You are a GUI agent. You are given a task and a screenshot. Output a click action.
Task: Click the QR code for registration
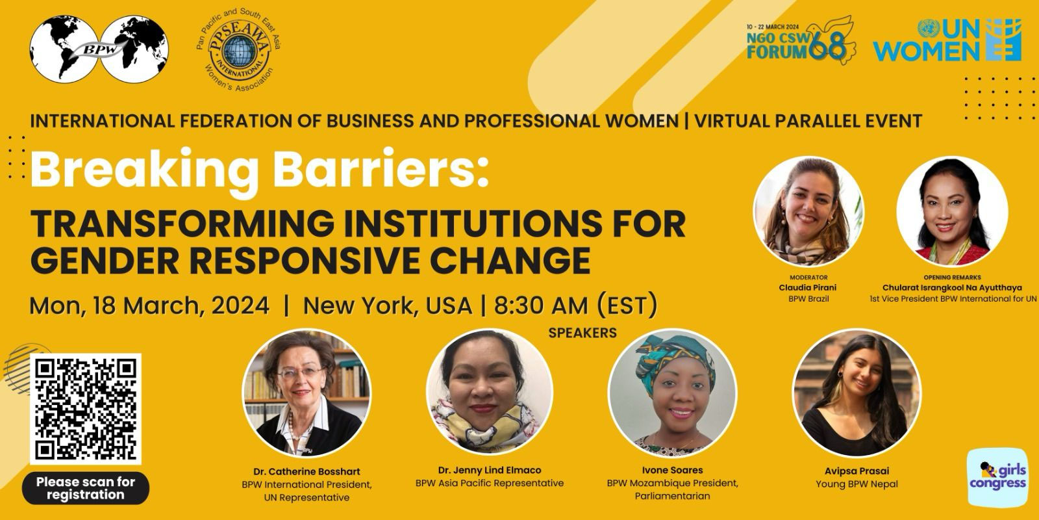point(85,409)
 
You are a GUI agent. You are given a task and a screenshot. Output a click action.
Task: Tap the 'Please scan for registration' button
point(85,488)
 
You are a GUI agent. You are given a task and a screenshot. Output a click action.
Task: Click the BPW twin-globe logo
point(99,49)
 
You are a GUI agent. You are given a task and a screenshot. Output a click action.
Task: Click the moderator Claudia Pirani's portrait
point(808,212)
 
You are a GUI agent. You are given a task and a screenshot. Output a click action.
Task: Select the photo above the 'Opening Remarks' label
point(952,212)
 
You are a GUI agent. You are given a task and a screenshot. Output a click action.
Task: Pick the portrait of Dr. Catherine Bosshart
point(307,393)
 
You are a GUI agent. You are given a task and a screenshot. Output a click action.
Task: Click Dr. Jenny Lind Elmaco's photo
point(490,393)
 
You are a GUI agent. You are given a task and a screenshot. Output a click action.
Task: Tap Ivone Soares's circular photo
point(672,393)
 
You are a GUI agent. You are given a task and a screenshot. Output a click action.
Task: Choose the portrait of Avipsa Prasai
point(857,393)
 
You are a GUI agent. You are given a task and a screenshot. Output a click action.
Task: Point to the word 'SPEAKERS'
point(582,333)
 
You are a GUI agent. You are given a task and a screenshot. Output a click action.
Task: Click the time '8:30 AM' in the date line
point(541,305)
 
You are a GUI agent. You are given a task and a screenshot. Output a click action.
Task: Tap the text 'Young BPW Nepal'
point(857,484)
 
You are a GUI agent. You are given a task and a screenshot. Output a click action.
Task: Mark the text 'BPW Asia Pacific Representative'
point(490,484)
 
